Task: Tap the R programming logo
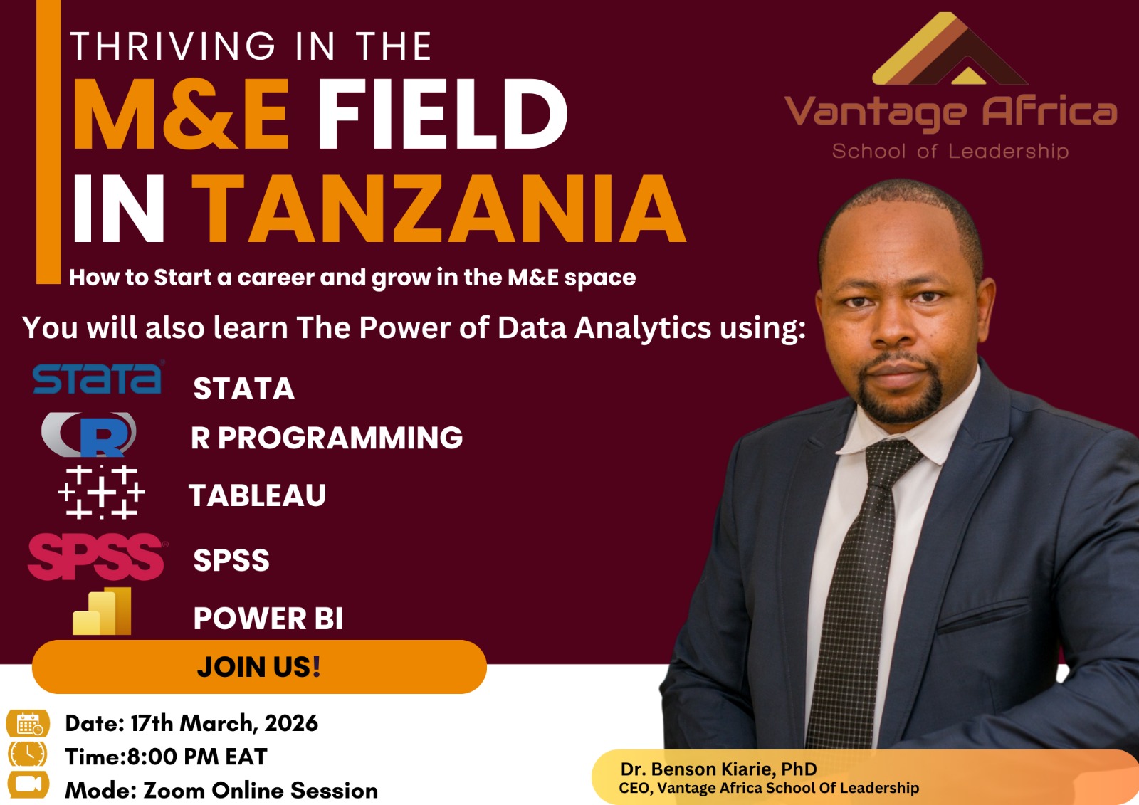(x=90, y=434)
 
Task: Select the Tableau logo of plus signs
(x=102, y=492)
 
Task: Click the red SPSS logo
(x=97, y=556)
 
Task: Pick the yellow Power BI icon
(x=103, y=611)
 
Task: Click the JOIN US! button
(x=259, y=667)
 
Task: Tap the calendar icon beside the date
(x=28, y=724)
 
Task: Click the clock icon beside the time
(x=28, y=754)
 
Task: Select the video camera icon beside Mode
(x=28, y=784)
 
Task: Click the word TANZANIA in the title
(x=439, y=209)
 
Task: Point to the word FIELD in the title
(x=441, y=115)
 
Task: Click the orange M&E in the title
(x=182, y=115)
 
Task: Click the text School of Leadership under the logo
(x=950, y=151)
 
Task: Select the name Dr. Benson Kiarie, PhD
(x=718, y=769)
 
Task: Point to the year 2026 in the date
(x=291, y=723)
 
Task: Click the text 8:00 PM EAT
(x=197, y=757)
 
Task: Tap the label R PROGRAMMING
(x=327, y=438)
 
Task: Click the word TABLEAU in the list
(x=257, y=495)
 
